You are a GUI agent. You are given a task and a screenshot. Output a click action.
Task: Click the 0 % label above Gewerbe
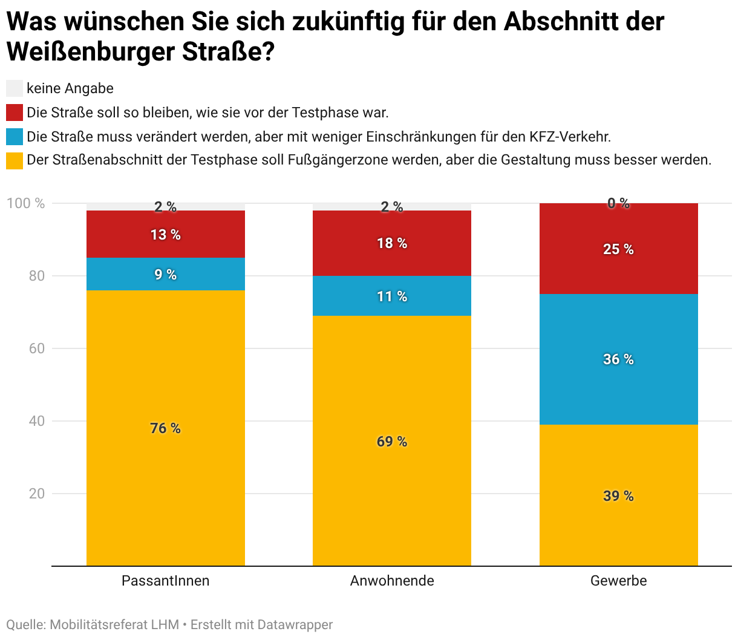pyautogui.click(x=618, y=203)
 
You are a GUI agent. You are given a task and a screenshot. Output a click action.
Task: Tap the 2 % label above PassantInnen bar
pyautogui.click(x=165, y=207)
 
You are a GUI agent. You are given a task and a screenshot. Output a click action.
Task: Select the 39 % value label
pyautogui.click(x=618, y=496)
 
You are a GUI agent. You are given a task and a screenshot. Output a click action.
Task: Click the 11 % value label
pyautogui.click(x=392, y=296)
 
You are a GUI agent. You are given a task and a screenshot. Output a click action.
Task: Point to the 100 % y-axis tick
pyautogui.click(x=26, y=203)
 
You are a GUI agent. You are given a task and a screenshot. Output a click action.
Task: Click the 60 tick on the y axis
pyautogui.click(x=37, y=348)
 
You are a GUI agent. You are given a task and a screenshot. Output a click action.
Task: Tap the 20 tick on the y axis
pyautogui.click(x=37, y=494)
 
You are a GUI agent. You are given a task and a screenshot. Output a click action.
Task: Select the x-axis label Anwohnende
pyautogui.click(x=392, y=581)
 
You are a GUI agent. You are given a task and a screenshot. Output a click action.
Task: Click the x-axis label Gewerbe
pyautogui.click(x=618, y=581)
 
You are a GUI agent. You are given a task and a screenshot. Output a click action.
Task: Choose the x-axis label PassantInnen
pyautogui.click(x=165, y=581)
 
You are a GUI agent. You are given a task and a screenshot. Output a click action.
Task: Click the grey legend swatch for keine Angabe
pyautogui.click(x=15, y=88)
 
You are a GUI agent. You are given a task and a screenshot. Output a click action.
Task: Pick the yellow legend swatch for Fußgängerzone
pyautogui.click(x=15, y=160)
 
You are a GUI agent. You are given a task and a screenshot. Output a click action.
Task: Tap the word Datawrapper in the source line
pyautogui.click(x=295, y=624)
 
